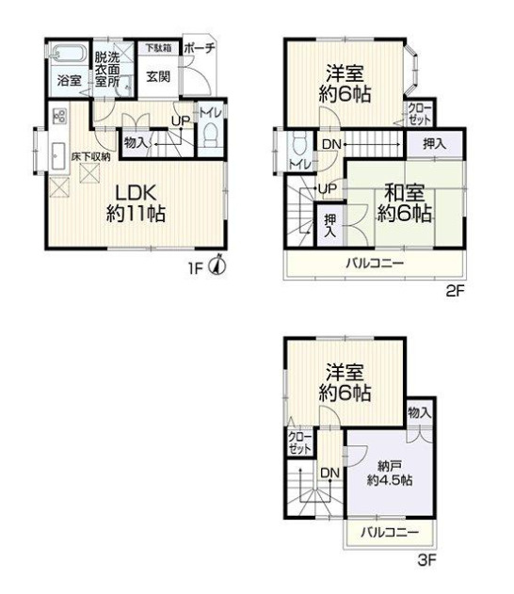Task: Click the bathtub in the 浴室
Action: [68, 54]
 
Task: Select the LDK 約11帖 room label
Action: [136, 204]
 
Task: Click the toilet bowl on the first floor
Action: [211, 135]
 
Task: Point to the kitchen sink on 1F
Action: [58, 156]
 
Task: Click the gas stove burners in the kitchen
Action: [59, 116]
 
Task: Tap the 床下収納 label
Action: [91, 157]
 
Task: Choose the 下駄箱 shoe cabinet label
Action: [159, 48]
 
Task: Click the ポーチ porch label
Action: [200, 48]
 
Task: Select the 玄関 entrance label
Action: [158, 77]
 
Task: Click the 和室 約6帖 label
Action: [404, 203]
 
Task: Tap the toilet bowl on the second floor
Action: [300, 145]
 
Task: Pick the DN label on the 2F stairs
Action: [331, 144]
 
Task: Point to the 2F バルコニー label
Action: [375, 263]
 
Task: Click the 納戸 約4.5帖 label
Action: [390, 474]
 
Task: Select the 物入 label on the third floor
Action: [420, 412]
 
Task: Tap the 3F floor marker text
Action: [426, 560]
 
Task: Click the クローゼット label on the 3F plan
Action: [299, 442]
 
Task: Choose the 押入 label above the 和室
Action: [435, 144]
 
